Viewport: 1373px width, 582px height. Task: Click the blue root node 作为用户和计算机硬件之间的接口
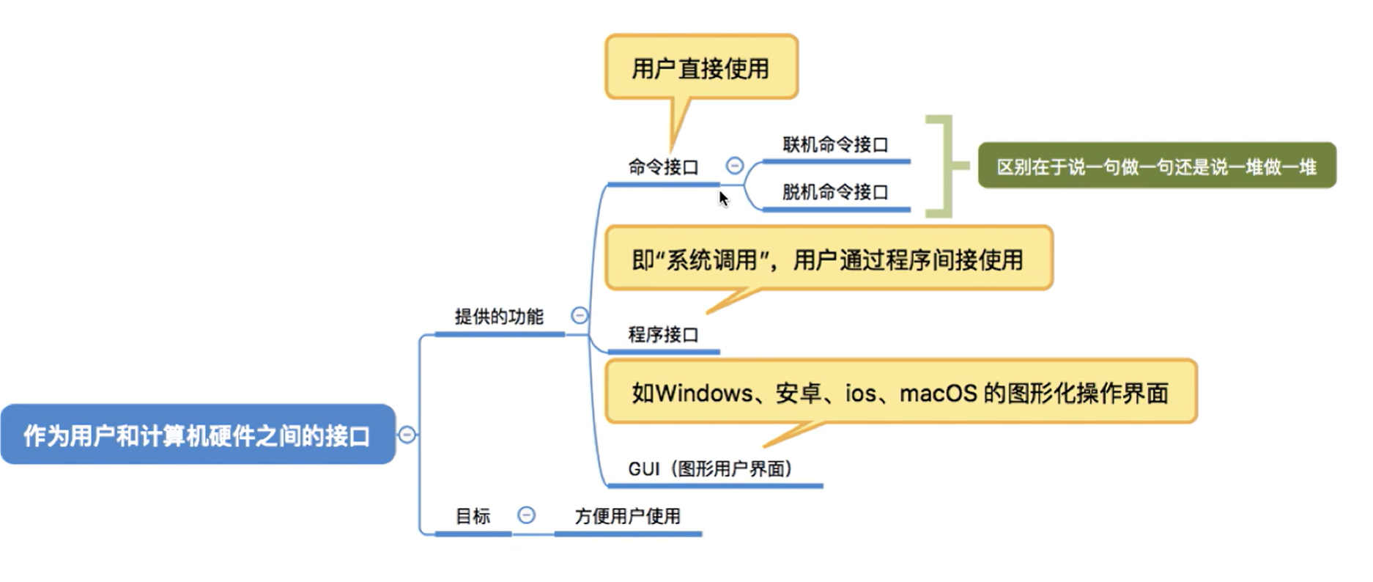click(x=197, y=435)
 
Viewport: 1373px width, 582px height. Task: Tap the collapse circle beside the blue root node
click(x=407, y=435)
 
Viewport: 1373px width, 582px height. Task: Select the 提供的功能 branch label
click(x=499, y=317)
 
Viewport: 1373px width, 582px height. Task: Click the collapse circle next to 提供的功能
click(x=580, y=316)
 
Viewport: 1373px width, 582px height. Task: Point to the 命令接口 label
click(x=663, y=167)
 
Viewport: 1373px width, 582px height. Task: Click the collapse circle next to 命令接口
click(x=734, y=166)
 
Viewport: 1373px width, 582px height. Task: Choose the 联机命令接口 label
click(x=835, y=144)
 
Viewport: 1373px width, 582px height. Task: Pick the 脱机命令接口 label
click(x=835, y=192)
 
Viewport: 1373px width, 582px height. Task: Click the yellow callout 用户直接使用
click(x=700, y=68)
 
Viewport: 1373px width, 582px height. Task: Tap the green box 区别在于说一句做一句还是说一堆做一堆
click(x=1156, y=166)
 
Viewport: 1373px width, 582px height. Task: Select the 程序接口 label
click(x=663, y=335)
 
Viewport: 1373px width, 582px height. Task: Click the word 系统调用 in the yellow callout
click(x=711, y=259)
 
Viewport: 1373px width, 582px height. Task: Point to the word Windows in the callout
click(x=703, y=393)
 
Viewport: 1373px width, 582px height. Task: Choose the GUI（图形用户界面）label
click(x=710, y=468)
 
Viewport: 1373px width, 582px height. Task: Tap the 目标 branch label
click(x=473, y=516)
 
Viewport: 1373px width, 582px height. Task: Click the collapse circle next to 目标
click(x=526, y=515)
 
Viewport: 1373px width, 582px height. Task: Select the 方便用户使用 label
click(x=627, y=516)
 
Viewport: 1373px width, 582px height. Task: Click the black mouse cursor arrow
click(x=723, y=199)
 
